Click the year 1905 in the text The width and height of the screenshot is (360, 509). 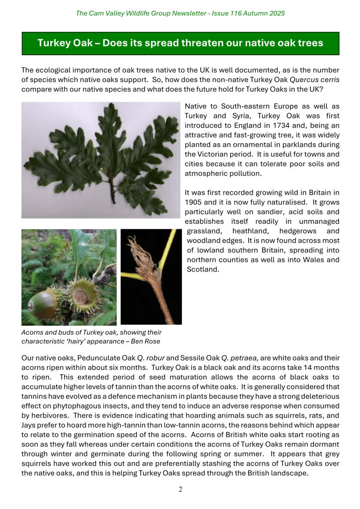(x=194, y=202)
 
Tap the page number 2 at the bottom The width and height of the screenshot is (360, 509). (x=180, y=490)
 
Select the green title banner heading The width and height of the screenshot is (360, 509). (x=180, y=43)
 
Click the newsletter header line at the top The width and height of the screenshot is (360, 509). (x=180, y=13)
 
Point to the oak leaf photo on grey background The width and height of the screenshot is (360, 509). (x=100, y=160)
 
